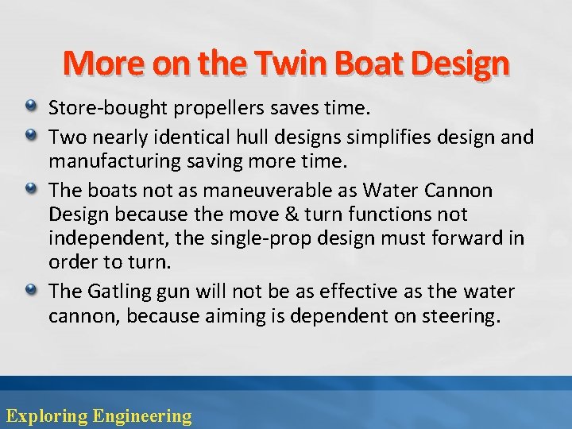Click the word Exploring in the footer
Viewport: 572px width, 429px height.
pos(46,415)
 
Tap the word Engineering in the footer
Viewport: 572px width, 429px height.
pos(142,415)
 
